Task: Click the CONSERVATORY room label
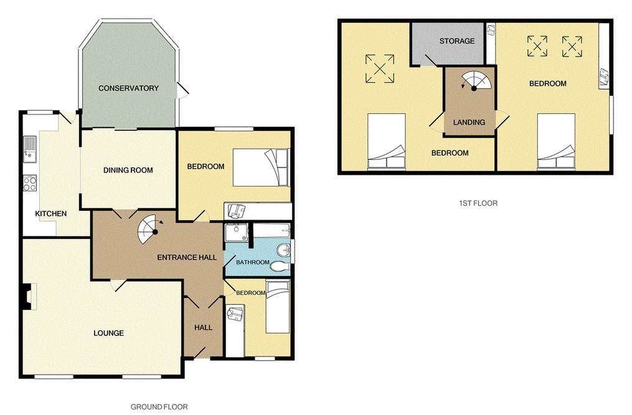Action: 128,88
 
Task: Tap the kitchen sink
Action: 30,149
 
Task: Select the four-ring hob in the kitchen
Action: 30,184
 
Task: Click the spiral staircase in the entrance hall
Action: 148,230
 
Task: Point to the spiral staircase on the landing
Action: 476,82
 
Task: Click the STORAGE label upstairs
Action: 456,41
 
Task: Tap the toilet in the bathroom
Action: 280,267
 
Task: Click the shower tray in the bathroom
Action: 237,233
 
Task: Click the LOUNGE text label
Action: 108,333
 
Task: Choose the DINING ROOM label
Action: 128,170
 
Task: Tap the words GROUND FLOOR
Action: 159,407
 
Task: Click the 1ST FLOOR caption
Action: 478,203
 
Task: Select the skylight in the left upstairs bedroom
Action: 380,69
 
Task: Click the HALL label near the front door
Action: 203,327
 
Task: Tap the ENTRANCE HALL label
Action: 187,258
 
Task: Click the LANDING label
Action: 469,122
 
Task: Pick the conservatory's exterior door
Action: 182,90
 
